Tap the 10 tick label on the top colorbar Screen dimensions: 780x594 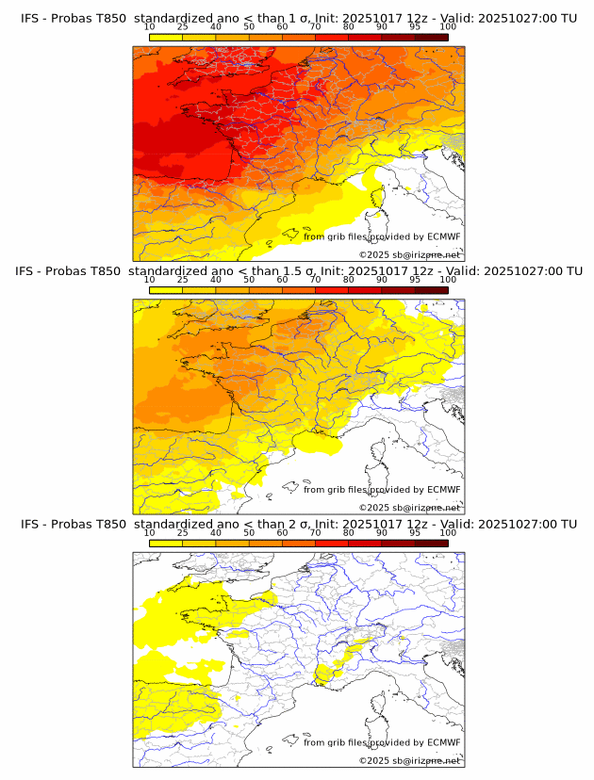click(149, 27)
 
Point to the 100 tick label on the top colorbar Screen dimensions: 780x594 click(448, 27)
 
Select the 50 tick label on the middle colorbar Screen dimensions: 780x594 click(249, 280)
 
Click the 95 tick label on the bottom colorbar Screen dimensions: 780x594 click(415, 532)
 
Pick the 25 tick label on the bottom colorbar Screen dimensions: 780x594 click(182, 532)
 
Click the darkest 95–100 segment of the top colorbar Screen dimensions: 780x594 click(431, 37)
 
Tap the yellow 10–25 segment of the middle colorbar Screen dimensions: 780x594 click(166, 289)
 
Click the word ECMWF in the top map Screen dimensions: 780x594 click(443, 236)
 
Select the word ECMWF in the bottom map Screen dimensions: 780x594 click(443, 742)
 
